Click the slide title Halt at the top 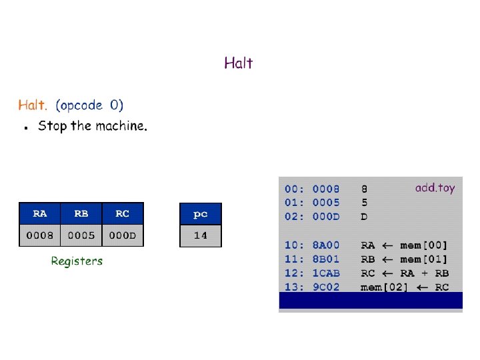pyautogui.click(x=238, y=63)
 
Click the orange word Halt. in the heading pyautogui.click(x=33, y=105)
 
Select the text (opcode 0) pyautogui.click(x=89, y=105)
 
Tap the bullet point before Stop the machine pyautogui.click(x=25, y=127)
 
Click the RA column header pyautogui.click(x=40, y=214)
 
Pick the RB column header pyautogui.click(x=81, y=214)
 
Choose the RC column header pyautogui.click(x=123, y=214)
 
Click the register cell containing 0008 pyautogui.click(x=40, y=235)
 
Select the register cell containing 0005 pyautogui.click(x=81, y=235)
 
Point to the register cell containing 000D pyautogui.click(x=123, y=235)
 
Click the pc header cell pyautogui.click(x=200, y=214)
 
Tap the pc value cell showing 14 pyautogui.click(x=200, y=235)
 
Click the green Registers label pyautogui.click(x=77, y=261)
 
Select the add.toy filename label pyautogui.click(x=435, y=188)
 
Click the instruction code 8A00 pyautogui.click(x=326, y=245)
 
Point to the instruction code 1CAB pyautogui.click(x=326, y=273)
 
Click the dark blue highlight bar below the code pyautogui.click(x=370, y=301)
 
